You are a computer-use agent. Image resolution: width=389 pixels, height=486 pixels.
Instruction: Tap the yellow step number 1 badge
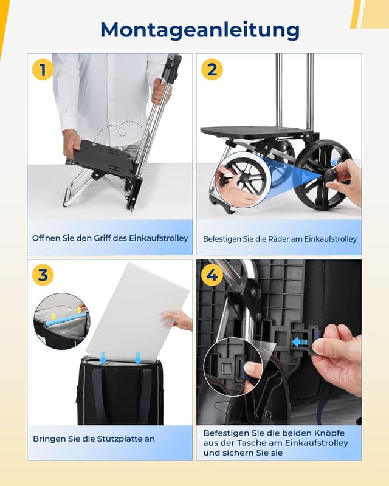pyautogui.click(x=43, y=70)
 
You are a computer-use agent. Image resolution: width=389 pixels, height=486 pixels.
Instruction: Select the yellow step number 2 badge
pyautogui.click(x=212, y=70)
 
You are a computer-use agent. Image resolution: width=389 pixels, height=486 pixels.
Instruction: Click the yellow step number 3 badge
pyautogui.click(x=43, y=275)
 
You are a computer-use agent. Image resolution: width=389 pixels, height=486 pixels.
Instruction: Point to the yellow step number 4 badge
pyautogui.click(x=212, y=275)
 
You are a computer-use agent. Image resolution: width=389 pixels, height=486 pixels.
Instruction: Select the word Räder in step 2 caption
pyautogui.click(x=289, y=239)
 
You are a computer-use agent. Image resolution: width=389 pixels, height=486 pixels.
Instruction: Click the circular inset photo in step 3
pyautogui.click(x=61, y=321)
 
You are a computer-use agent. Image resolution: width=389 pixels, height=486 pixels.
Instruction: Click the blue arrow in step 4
pyautogui.click(x=300, y=341)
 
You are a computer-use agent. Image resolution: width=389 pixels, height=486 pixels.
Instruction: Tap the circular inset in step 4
pyautogui.click(x=233, y=367)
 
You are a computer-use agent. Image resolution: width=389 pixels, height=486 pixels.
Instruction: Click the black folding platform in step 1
pyautogui.click(x=106, y=158)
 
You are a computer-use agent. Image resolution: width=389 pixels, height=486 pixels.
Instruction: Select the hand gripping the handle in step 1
pyautogui.click(x=160, y=91)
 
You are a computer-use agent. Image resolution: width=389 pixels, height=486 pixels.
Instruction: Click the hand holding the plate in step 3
pyautogui.click(x=179, y=320)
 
